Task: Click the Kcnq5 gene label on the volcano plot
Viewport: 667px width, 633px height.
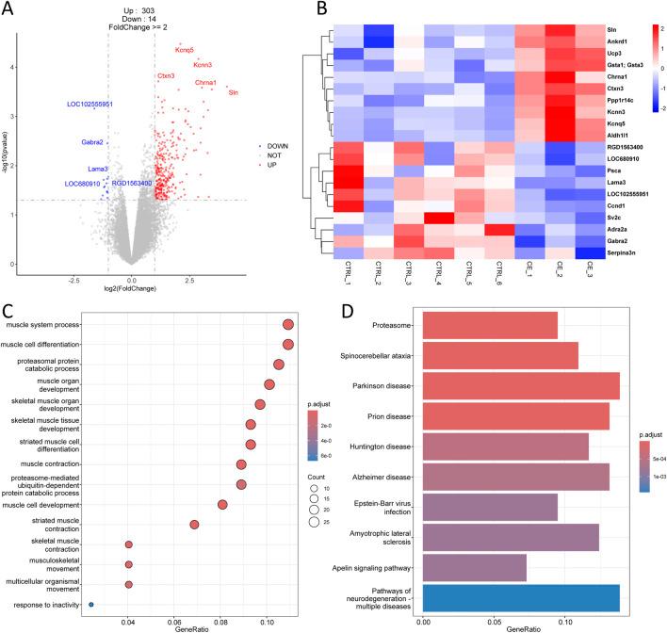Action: [x=185, y=50]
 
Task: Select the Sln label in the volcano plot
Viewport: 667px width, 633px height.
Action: [x=234, y=92]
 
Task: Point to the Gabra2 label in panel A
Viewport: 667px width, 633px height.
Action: [x=91, y=142]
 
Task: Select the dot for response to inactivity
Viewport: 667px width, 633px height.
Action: [x=91, y=604]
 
